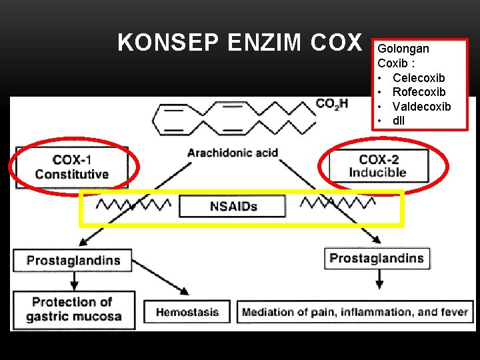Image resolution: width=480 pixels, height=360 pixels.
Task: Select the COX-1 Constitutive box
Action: (x=71, y=167)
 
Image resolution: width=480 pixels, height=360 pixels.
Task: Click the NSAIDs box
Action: (x=233, y=206)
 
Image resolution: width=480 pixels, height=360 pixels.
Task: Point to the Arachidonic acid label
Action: (x=233, y=153)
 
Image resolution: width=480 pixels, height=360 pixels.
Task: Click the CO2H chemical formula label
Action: (x=331, y=104)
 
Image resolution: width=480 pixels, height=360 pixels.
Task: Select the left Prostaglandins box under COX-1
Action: (x=73, y=260)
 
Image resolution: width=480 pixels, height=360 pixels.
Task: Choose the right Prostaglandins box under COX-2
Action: (x=376, y=258)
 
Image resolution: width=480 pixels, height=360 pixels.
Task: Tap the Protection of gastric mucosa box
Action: (x=73, y=309)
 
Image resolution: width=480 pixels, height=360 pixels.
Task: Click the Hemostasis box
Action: (x=187, y=311)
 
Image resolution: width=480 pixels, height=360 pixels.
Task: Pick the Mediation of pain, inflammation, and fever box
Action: (x=355, y=312)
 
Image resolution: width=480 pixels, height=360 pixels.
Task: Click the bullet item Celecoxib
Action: (x=419, y=78)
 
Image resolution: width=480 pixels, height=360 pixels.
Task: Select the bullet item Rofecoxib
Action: (x=419, y=92)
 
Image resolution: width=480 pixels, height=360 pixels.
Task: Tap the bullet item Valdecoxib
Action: (x=421, y=107)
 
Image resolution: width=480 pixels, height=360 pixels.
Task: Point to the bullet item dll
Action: (x=399, y=121)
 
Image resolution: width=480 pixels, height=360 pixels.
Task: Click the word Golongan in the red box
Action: (x=403, y=49)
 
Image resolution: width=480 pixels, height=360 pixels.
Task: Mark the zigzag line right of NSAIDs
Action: (x=332, y=202)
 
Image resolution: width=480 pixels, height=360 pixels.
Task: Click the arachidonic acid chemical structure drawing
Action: (x=233, y=117)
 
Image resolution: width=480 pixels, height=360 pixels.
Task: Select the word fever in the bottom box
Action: (x=453, y=312)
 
